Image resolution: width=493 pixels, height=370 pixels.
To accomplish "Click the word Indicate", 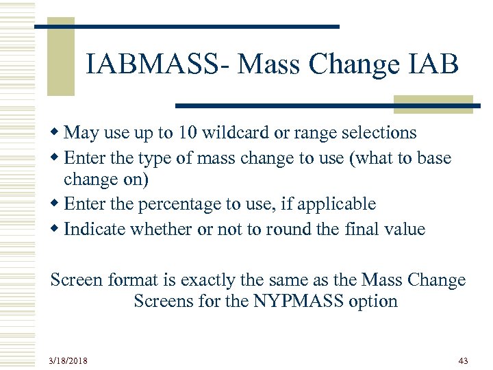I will pyautogui.click(x=92, y=229).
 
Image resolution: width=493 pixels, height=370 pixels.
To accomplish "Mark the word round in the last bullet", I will pyautogui.click(x=268, y=229).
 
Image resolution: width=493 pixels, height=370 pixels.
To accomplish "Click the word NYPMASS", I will pyautogui.click(x=304, y=301).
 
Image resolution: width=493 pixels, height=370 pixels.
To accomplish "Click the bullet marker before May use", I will pyautogui.click(x=55, y=132).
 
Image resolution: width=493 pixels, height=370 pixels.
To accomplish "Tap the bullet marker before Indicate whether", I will pyautogui.click(x=55, y=229).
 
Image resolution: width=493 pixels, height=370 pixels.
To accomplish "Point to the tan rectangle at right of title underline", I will pyautogui.click(x=433, y=103).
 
